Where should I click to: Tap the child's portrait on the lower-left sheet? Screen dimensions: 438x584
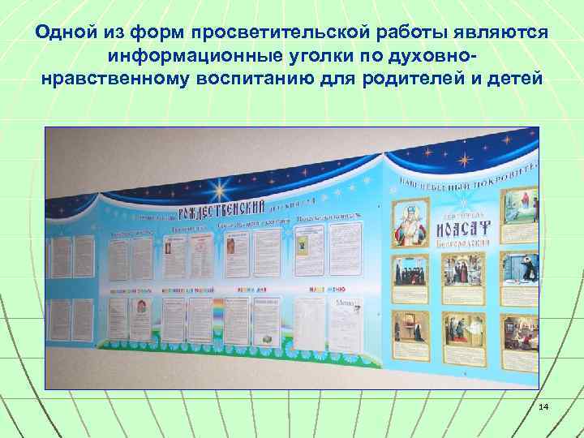click(x=137, y=307)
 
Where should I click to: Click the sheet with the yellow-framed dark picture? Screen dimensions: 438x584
click(x=303, y=246)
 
